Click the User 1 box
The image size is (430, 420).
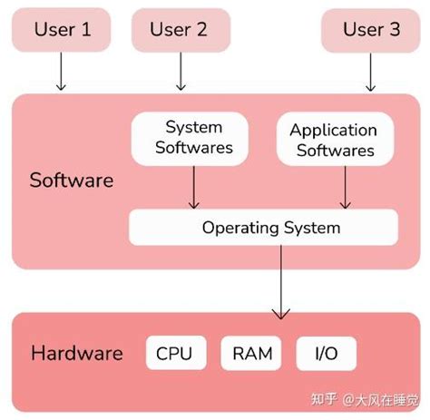tap(63, 31)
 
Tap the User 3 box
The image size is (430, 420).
tap(371, 31)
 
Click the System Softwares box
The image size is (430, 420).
tap(193, 138)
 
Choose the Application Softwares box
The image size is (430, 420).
tap(333, 140)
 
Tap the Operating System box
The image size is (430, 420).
tap(263, 227)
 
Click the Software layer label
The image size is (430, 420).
tap(72, 180)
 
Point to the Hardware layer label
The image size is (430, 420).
tap(76, 352)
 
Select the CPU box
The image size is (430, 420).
tap(174, 354)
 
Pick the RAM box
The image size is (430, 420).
tap(251, 354)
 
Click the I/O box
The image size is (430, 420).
tap(324, 354)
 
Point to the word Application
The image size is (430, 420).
tap(333, 130)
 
